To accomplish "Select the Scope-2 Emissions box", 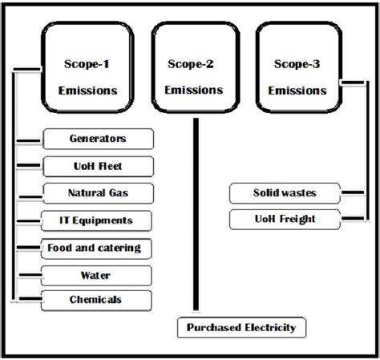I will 194,76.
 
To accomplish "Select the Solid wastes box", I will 285,192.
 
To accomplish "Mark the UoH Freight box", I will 285,218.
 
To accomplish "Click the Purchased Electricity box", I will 241,327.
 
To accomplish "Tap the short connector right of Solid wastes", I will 350,192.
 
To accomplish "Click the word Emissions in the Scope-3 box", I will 297,91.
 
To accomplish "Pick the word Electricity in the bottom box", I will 271,327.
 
